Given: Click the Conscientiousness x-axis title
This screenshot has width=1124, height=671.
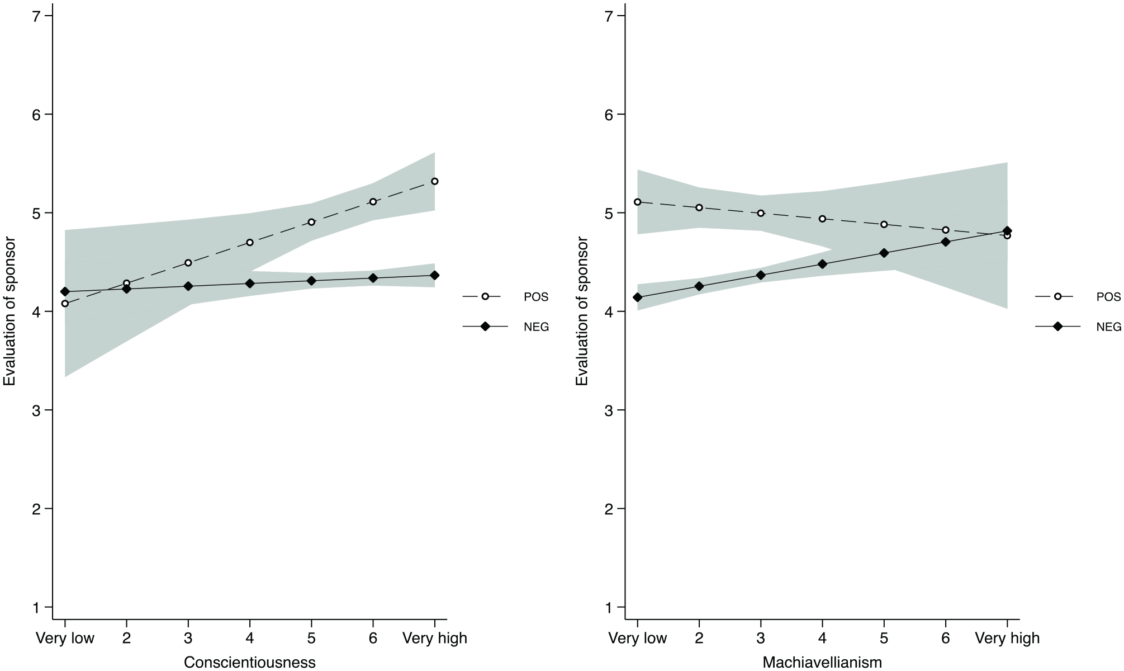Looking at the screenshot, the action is point(249,663).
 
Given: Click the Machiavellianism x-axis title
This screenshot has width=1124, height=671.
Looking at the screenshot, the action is point(822,663).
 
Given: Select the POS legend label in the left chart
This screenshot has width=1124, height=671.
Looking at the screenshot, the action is point(537,297).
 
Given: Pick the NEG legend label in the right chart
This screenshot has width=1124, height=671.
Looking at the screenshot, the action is point(1109,327).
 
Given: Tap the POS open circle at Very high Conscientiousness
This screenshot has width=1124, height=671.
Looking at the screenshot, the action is point(435,181).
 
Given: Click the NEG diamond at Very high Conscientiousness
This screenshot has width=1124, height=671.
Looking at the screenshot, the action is point(435,275).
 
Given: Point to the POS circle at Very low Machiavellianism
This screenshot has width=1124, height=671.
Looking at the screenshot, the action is point(638,202).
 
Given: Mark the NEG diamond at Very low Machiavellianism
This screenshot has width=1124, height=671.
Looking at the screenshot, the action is point(638,297).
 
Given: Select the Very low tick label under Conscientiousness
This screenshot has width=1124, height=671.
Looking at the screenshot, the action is point(65,638).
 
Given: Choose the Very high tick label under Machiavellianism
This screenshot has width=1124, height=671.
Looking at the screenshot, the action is point(1007,638).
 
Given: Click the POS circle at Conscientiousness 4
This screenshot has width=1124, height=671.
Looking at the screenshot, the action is point(250,243).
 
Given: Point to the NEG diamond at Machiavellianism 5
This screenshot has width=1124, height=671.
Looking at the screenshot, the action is point(884,253).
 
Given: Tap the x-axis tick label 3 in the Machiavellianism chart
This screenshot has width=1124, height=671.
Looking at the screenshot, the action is point(761,638).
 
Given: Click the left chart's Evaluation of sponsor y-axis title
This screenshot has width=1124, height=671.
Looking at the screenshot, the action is point(10,311).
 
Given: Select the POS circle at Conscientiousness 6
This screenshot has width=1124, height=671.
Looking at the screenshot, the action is point(373,202).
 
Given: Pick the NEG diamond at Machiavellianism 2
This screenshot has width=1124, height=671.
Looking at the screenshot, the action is point(699,286).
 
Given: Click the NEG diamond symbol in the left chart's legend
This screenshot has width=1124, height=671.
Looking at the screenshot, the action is point(485,327).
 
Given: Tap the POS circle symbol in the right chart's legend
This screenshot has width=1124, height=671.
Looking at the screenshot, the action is point(1057,297).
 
